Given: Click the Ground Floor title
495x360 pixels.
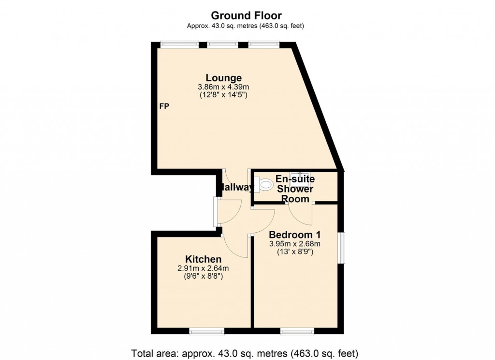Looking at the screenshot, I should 247,16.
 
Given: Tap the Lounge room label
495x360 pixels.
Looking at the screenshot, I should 223,77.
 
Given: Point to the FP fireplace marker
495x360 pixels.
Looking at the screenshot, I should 164,106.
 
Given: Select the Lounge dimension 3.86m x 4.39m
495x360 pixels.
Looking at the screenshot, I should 223,87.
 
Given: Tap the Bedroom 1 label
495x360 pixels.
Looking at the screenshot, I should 295,235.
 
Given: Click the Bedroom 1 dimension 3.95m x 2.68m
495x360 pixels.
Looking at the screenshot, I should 295,244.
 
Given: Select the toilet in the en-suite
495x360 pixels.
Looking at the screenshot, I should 265,184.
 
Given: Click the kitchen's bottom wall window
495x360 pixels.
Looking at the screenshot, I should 206,331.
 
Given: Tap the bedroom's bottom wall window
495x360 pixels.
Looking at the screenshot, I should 297,331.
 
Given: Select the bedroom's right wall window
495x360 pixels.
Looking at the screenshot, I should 342,248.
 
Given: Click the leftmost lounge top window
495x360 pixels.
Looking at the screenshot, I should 179,45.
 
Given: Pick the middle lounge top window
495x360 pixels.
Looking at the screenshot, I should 223,45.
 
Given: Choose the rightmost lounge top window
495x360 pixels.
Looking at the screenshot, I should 264,45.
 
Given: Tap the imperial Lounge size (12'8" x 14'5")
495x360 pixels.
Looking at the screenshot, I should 223,95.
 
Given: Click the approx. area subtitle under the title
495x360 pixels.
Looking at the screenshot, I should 247,26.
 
